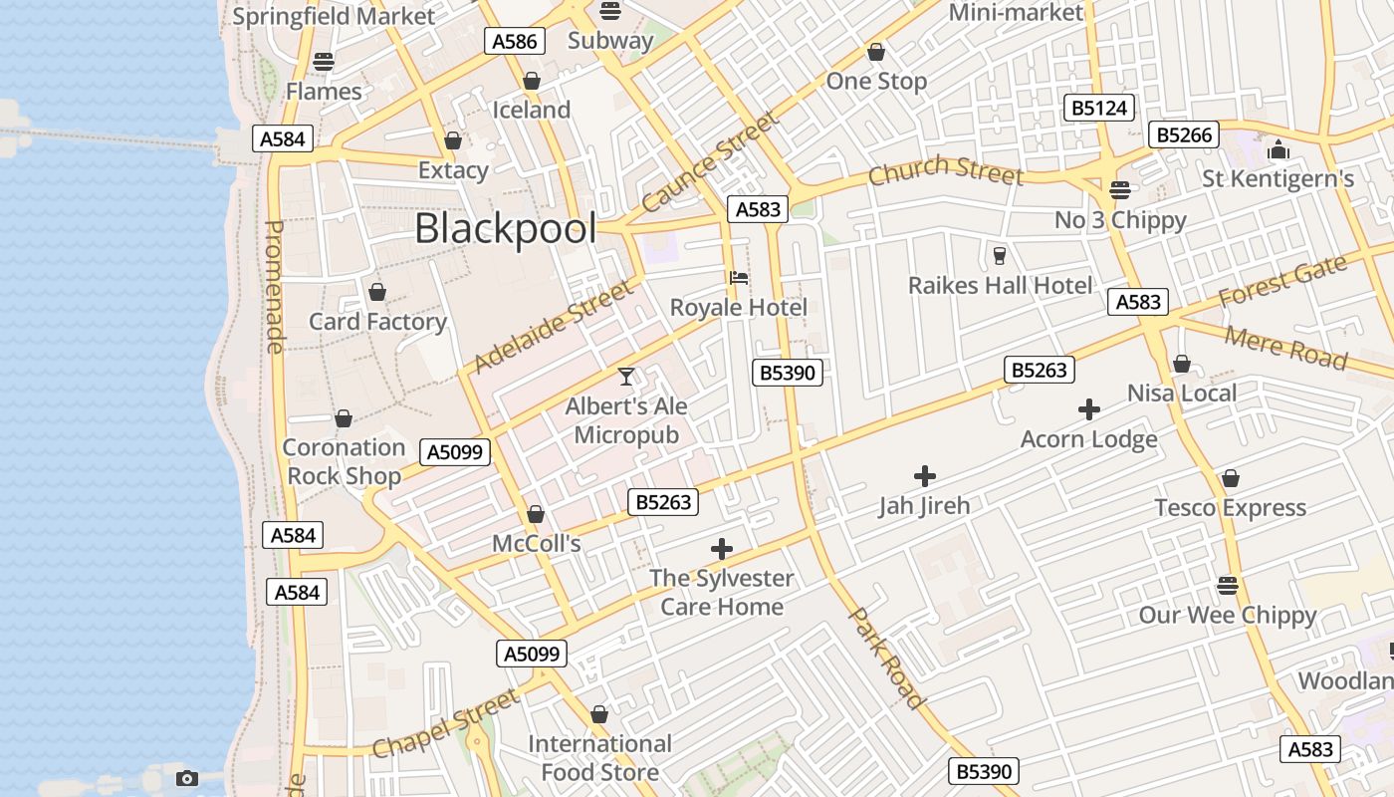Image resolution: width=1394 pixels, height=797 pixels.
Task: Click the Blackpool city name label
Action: (x=505, y=229)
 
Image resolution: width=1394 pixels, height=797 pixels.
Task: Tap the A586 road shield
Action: (x=515, y=41)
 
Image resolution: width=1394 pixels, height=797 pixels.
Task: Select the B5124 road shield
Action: (x=1099, y=108)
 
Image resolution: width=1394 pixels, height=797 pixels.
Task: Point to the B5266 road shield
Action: (x=1183, y=134)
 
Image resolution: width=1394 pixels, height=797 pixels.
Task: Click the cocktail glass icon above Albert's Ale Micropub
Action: (x=626, y=376)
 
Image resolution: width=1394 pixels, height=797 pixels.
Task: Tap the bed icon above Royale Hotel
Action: (x=738, y=278)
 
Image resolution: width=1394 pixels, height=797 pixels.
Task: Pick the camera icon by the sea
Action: (x=186, y=778)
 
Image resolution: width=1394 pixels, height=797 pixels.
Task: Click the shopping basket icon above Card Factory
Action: (x=376, y=292)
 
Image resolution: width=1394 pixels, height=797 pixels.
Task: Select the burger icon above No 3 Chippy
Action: (x=1120, y=190)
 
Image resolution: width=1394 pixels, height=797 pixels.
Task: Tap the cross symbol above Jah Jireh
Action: (x=924, y=476)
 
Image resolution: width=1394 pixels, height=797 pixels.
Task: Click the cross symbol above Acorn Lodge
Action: (x=1088, y=409)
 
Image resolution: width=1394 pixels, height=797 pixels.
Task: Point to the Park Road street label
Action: (x=885, y=657)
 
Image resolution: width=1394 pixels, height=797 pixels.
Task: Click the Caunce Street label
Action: (x=708, y=162)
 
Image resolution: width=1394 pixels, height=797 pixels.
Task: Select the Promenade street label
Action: (x=275, y=287)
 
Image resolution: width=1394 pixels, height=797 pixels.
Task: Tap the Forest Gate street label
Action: (x=1282, y=282)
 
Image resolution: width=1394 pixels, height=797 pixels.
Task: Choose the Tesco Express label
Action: (x=1230, y=508)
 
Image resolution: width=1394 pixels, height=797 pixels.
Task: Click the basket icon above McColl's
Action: (x=536, y=514)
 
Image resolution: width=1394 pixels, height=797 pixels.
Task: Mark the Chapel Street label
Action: (x=445, y=722)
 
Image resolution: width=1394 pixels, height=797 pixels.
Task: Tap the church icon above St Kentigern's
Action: (x=1278, y=150)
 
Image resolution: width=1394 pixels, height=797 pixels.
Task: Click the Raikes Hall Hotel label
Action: (x=1000, y=286)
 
